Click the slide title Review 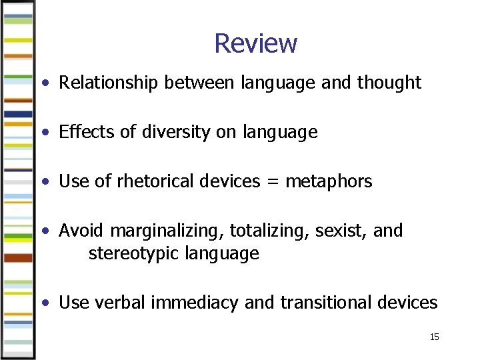pos(255,43)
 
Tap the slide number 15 pos(434,337)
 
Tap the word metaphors pos(329,181)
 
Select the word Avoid pos(81,231)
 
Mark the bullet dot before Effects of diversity pos(44,133)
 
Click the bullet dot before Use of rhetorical pos(44,181)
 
